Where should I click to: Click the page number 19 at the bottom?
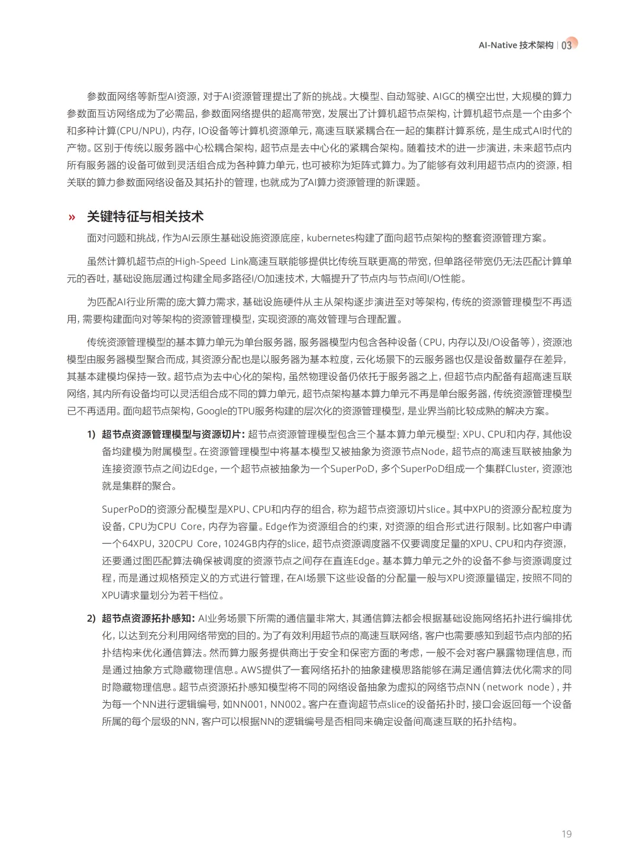[x=566, y=834]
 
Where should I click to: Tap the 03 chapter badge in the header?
[x=567, y=45]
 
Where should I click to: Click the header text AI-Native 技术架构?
[x=515, y=45]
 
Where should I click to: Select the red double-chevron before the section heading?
[x=72, y=217]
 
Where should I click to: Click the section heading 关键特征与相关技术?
[x=145, y=217]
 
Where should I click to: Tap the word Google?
[x=212, y=411]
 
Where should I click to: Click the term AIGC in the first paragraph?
[x=444, y=97]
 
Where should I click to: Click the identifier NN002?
[x=286, y=704]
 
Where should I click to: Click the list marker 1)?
[x=91, y=434]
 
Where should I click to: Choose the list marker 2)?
[x=91, y=618]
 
